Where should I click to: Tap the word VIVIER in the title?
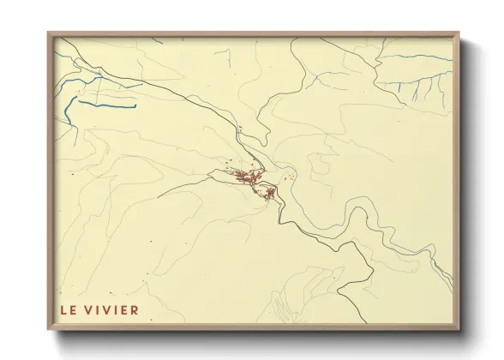tap(111, 308)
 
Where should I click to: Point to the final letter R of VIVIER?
tap(133, 308)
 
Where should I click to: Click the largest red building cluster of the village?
tap(246, 177)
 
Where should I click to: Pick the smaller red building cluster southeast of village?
tap(269, 192)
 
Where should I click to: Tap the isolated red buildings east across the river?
tap(289, 178)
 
